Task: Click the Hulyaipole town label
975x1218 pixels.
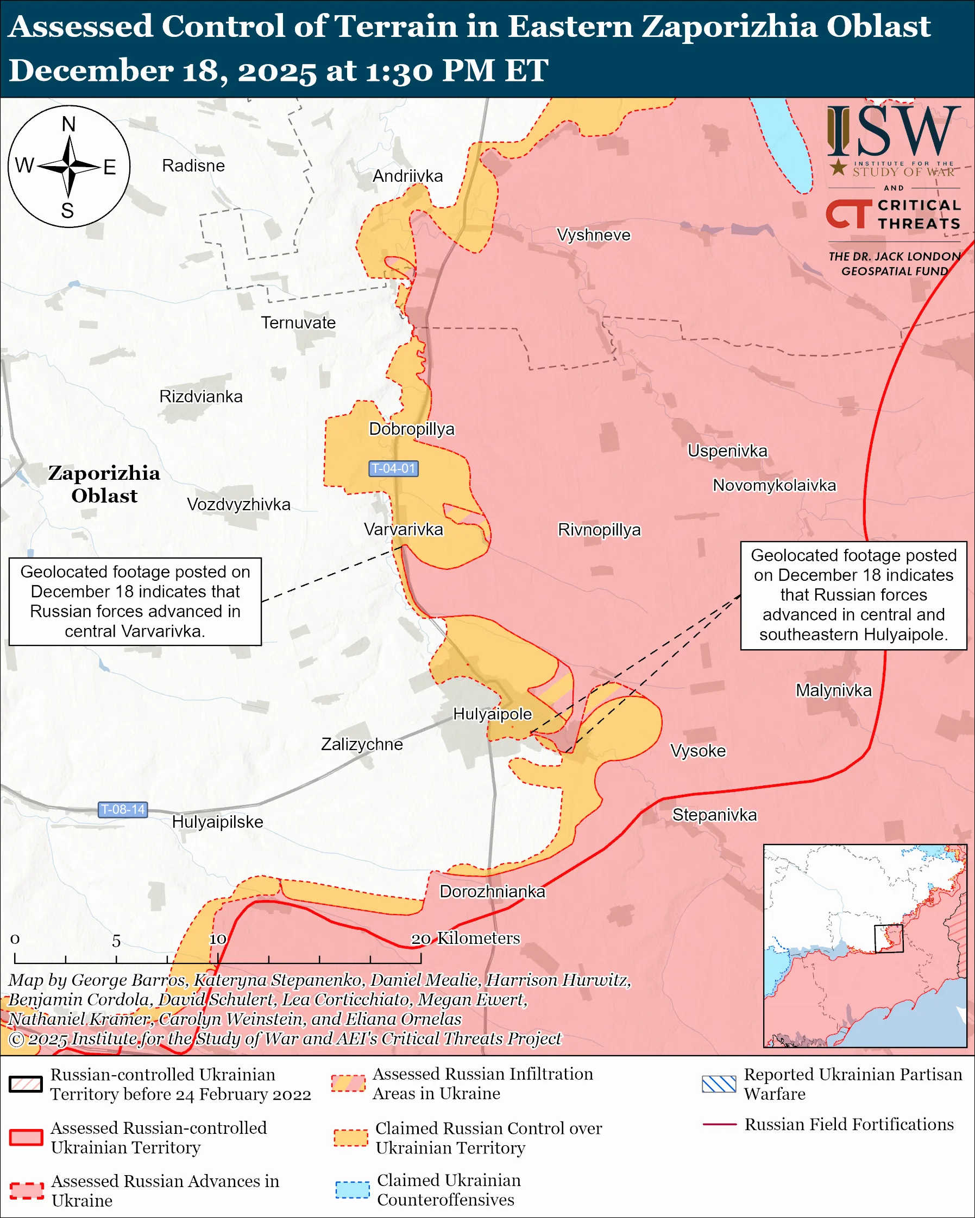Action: [492, 714]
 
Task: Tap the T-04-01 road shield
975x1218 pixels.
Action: [393, 468]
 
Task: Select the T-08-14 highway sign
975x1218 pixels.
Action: [123, 809]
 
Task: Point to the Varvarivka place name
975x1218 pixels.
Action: [404, 529]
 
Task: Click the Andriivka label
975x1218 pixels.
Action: [407, 176]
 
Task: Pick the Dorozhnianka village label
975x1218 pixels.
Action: [492, 891]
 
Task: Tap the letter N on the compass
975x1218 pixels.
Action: [68, 124]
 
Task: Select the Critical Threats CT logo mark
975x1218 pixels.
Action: [848, 214]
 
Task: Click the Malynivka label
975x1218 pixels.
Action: [834, 690]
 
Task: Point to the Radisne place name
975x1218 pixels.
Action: [193, 166]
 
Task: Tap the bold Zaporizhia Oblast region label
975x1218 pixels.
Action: [104, 484]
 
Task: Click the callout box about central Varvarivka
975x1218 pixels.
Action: [135, 601]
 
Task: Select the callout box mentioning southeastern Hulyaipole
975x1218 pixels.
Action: [853, 595]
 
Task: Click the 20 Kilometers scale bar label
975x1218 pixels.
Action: [464, 938]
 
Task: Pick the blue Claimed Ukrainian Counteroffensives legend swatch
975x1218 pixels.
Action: [352, 1189]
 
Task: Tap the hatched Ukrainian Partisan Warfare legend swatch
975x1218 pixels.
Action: [719, 1084]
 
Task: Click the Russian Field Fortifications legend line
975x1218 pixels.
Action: [719, 1125]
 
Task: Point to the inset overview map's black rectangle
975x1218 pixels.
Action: [889, 938]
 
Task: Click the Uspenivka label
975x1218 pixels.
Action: [727, 451]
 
